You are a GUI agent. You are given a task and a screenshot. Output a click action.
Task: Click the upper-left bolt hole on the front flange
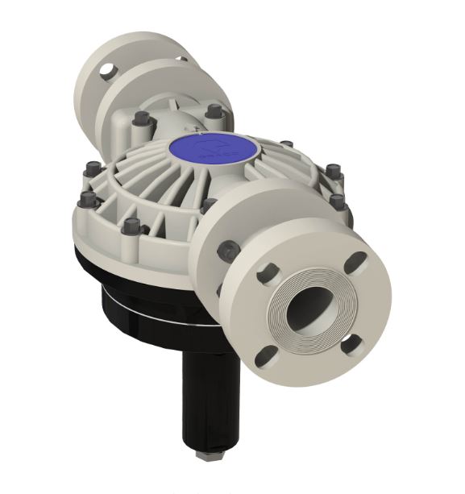[x=267, y=275]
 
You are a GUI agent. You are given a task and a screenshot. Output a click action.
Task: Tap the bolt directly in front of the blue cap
[x=211, y=205]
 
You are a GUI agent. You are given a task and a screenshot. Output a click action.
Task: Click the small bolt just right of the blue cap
[x=285, y=145]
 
